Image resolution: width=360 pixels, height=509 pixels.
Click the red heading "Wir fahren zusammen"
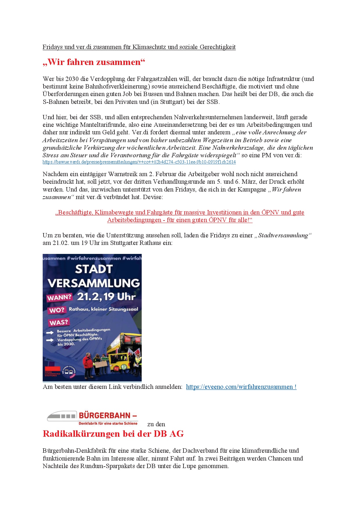coord(94,62)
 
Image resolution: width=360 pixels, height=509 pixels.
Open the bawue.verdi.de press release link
coord(139,162)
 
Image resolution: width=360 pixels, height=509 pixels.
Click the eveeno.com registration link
coord(241,387)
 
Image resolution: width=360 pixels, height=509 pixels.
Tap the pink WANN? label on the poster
coord(59,298)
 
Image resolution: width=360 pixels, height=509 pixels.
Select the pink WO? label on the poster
coord(57,310)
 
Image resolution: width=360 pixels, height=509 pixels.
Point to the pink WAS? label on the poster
coord(59,322)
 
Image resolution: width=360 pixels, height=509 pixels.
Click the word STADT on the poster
coord(93,269)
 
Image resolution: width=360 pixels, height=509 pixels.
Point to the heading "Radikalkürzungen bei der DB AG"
coord(113,434)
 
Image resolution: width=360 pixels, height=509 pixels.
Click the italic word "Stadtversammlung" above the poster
coord(283,235)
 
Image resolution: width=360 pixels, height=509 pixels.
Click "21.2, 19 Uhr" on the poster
coord(106,297)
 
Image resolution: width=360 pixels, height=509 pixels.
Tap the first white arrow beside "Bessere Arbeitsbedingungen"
coord(50,333)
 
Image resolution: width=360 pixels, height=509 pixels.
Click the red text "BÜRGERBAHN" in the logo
coord(105,415)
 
